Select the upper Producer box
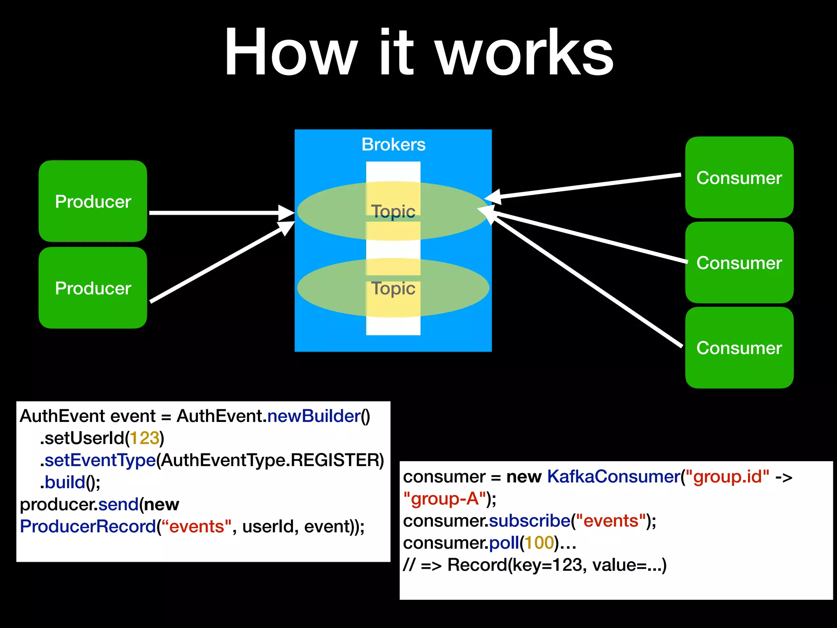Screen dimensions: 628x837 pyautogui.click(x=93, y=201)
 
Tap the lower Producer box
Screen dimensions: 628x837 pyautogui.click(x=93, y=288)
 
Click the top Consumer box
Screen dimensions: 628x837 pyautogui.click(x=739, y=177)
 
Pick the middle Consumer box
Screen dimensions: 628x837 pyautogui.click(x=739, y=262)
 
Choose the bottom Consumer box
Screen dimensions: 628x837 pyautogui.click(x=739, y=348)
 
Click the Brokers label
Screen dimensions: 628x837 pyautogui.click(x=393, y=144)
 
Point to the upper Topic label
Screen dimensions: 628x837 pyautogui.click(x=393, y=211)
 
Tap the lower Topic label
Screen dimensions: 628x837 pyautogui.click(x=393, y=288)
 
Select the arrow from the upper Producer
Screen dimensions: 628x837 pyautogui.click(x=217, y=213)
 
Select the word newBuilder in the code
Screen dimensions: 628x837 pyautogui.click(x=313, y=416)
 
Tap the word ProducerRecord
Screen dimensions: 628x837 pyautogui.click(x=88, y=527)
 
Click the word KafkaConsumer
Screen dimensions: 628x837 pyautogui.click(x=613, y=477)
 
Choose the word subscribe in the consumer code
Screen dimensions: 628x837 pyautogui.click(x=529, y=521)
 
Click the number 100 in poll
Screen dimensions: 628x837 pyautogui.click(x=539, y=543)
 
